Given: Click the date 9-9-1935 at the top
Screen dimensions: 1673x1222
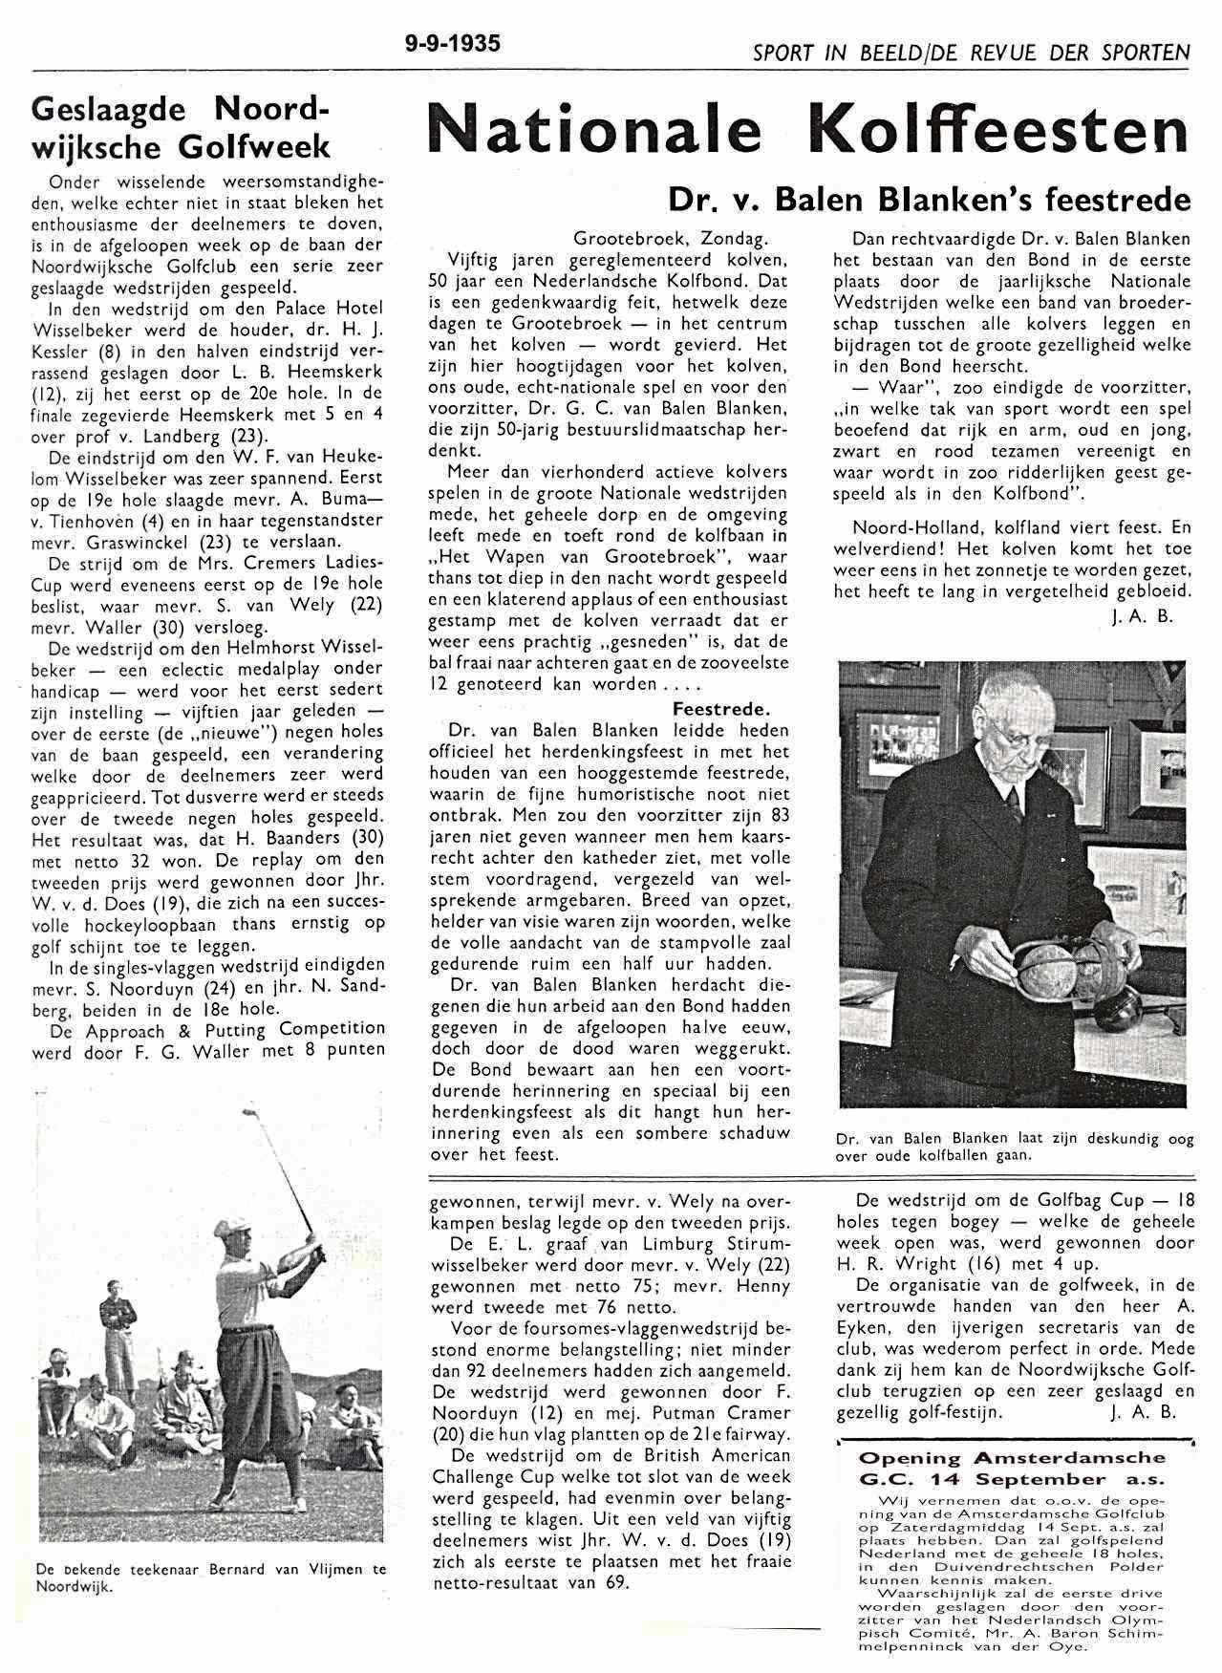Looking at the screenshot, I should [452, 44].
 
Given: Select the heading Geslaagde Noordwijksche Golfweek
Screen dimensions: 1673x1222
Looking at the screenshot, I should [181, 129].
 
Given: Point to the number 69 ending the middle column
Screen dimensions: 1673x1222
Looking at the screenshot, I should [618, 1582].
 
